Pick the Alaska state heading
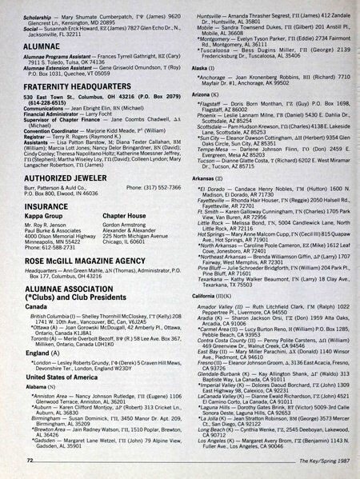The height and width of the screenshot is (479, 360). pos(197,70)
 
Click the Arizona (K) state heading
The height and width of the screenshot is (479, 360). pos(201,94)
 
